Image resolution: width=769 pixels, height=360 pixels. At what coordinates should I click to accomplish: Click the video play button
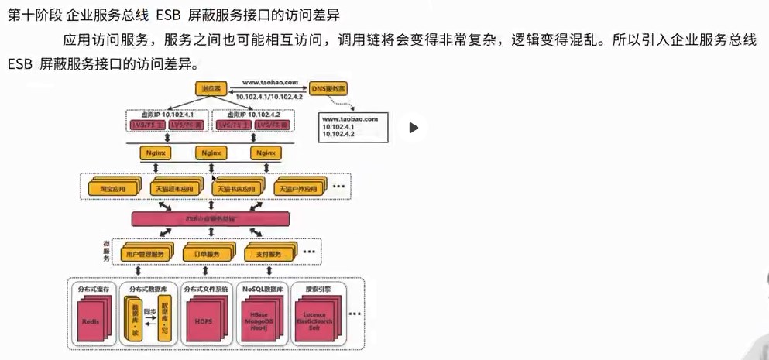[x=414, y=128]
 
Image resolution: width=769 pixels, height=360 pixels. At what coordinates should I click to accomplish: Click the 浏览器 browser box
[x=210, y=89]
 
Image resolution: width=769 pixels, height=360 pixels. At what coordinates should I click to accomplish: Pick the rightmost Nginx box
[x=264, y=153]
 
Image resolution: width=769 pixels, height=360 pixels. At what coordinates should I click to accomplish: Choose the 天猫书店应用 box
[x=235, y=188]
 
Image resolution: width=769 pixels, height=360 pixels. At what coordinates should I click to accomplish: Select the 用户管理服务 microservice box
[x=144, y=254]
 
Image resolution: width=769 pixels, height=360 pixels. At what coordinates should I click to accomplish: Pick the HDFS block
[x=203, y=320]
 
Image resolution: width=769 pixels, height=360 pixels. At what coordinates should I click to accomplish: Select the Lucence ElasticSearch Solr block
[x=314, y=320]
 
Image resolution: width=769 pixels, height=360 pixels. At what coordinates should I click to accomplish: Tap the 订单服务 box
[x=206, y=254]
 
